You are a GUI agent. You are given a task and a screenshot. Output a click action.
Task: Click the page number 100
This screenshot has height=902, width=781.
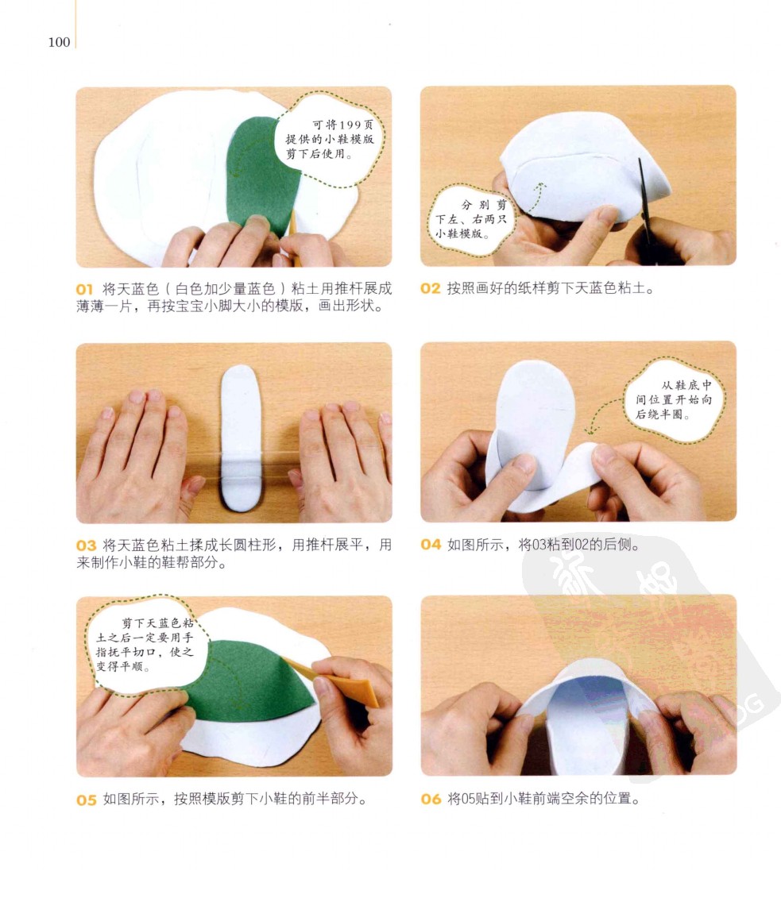point(59,42)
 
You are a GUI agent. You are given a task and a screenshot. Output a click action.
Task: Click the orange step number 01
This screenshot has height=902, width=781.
point(84,289)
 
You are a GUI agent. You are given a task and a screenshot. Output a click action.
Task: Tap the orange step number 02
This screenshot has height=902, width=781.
point(430,289)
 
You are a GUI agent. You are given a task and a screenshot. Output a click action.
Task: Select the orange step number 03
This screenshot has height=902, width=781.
point(86,545)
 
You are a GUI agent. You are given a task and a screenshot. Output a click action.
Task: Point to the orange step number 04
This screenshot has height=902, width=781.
point(431,544)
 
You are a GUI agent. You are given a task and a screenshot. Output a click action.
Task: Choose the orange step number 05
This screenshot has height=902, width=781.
point(87,800)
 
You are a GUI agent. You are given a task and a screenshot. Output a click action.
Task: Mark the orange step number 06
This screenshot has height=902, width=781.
point(431,799)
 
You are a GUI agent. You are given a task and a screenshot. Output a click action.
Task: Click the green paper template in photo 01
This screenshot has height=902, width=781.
point(262,175)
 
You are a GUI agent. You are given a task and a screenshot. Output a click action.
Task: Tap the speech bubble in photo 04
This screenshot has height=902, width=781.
point(674,400)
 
